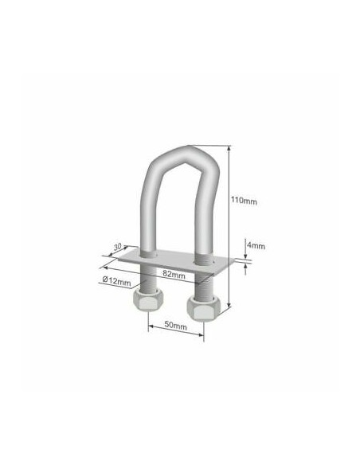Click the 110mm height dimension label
pyautogui.click(x=244, y=201)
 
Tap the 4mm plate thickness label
pyautogui.click(x=256, y=246)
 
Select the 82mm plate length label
pyautogui.click(x=174, y=275)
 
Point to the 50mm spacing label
pyautogui.click(x=175, y=326)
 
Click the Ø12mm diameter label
pyautogui.click(x=116, y=280)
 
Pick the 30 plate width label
pyautogui.click(x=117, y=246)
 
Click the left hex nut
pyautogui.click(x=147, y=300)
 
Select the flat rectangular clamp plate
pyautogui.click(x=174, y=260)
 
